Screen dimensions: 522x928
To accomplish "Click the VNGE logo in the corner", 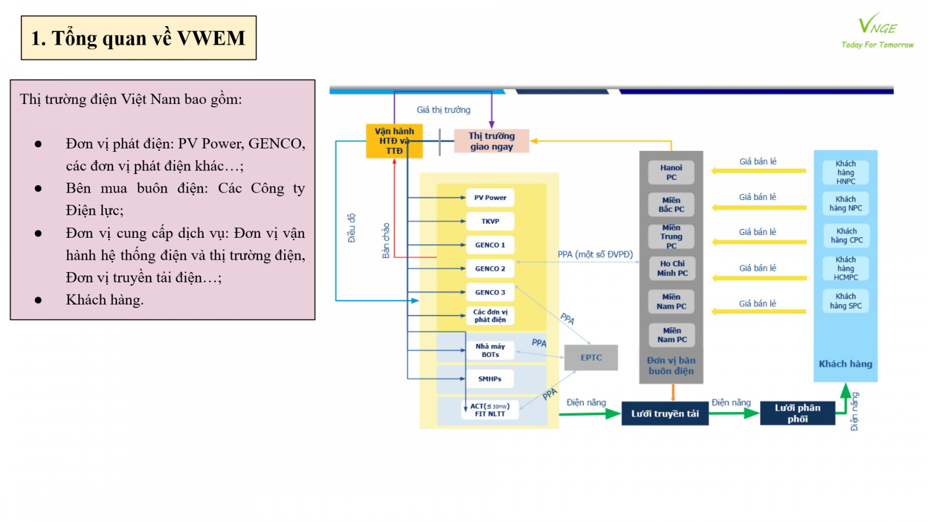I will [x=877, y=31].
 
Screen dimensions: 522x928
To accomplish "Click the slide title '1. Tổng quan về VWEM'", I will [x=139, y=38].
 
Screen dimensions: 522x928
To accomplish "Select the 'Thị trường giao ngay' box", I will [x=491, y=141].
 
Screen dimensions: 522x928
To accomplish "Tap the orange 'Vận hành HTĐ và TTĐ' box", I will [x=394, y=141].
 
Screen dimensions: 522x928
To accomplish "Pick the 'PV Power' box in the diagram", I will [x=490, y=198].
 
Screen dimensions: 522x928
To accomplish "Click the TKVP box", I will [x=490, y=222].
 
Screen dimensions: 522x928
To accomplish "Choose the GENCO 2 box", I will [x=490, y=269].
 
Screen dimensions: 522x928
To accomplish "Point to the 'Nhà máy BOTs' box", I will [x=490, y=350].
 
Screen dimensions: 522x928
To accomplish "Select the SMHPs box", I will [x=490, y=379].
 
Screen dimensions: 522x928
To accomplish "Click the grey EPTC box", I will [x=591, y=357].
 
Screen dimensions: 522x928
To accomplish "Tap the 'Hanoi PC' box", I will [x=671, y=172].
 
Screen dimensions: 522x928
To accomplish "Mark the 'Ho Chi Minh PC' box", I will [x=672, y=268].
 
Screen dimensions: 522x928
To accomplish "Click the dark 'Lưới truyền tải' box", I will [x=665, y=414].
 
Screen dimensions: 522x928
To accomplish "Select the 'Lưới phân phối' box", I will [x=797, y=413].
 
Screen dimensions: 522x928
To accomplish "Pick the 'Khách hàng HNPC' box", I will [x=846, y=172].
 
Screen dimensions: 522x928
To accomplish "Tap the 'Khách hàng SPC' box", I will [x=846, y=301].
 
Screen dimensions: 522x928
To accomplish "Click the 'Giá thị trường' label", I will [x=443, y=110].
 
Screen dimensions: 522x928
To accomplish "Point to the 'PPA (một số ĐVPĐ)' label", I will [x=595, y=254].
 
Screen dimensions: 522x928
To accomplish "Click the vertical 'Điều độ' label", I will [x=351, y=228].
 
